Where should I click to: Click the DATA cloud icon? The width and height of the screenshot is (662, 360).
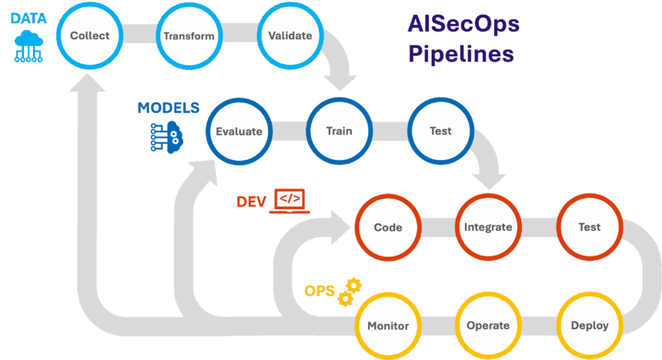28,46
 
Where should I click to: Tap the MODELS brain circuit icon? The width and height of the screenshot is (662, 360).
167,137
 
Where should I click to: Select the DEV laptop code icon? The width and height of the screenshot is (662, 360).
289,201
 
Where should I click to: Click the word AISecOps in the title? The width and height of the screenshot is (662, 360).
463,24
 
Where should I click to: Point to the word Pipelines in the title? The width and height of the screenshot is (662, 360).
461,54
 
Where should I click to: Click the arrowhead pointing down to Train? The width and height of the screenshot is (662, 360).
339,83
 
